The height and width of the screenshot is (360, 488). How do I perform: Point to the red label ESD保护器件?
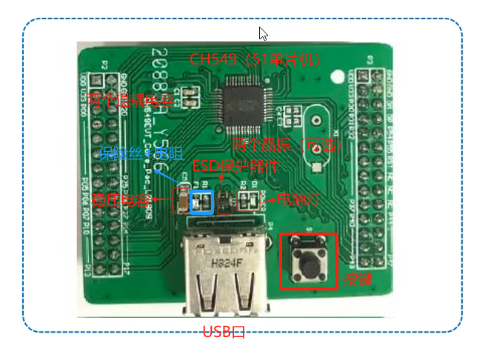[x=235, y=166]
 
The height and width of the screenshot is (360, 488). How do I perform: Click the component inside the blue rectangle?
[x=201, y=200]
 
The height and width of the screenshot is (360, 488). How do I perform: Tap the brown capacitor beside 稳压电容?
[x=178, y=199]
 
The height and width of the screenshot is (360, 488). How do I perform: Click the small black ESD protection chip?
[x=226, y=201]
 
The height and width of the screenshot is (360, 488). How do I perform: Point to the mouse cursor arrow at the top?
[x=262, y=33]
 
